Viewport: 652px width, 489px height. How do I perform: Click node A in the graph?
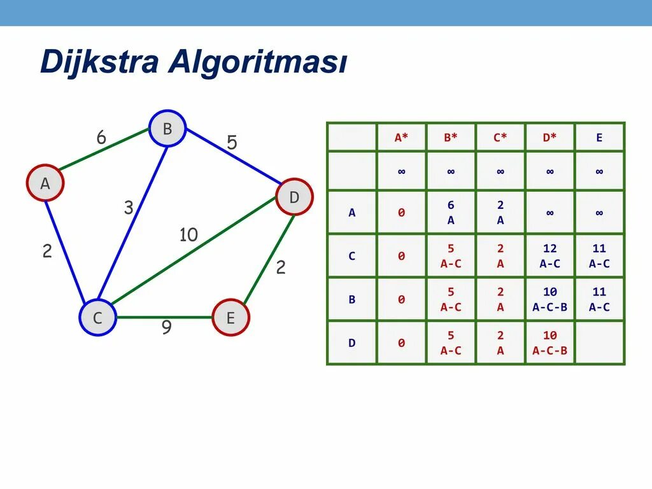(x=45, y=183)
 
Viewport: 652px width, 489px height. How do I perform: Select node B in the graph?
(x=167, y=129)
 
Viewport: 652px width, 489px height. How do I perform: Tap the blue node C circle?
(x=97, y=317)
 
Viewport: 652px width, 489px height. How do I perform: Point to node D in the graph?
(x=294, y=197)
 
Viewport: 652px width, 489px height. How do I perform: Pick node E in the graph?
(x=230, y=317)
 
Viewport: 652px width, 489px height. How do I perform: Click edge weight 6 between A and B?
(x=101, y=138)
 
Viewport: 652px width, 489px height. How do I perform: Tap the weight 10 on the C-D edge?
(x=188, y=235)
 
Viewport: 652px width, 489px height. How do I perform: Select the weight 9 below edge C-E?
(x=166, y=328)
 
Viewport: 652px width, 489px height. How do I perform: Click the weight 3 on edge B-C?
(x=129, y=208)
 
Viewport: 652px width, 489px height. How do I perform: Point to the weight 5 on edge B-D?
(x=232, y=143)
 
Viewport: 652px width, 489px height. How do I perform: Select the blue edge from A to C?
(x=66, y=252)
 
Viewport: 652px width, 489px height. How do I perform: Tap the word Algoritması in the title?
(x=258, y=63)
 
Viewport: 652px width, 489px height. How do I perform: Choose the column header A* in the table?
(x=401, y=137)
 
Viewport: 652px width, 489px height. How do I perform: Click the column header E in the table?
(x=599, y=137)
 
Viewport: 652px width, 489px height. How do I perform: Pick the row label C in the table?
(x=351, y=256)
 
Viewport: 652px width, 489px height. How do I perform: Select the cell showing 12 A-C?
(x=549, y=256)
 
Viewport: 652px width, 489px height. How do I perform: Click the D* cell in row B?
(x=549, y=299)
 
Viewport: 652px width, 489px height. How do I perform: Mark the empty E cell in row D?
(x=599, y=343)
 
